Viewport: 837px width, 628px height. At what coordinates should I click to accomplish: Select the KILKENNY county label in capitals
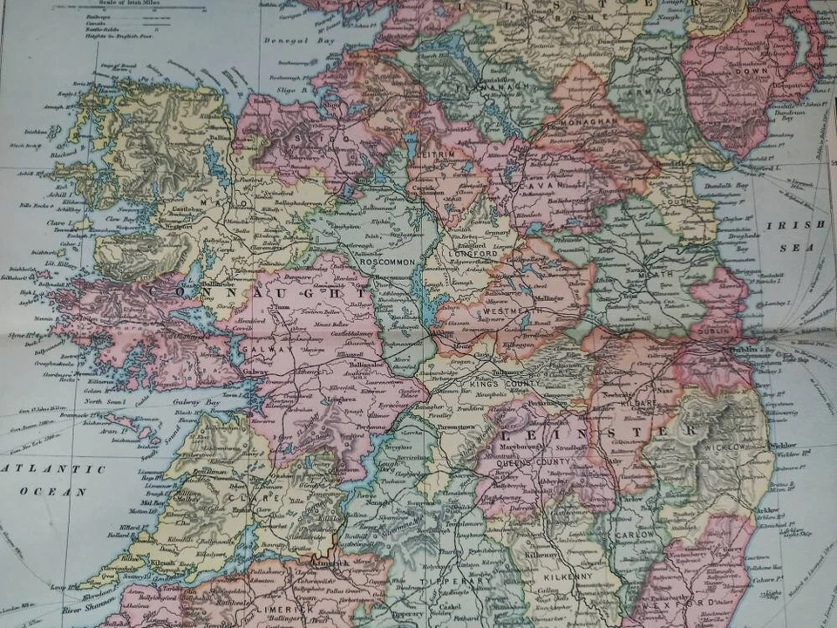tap(558, 577)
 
